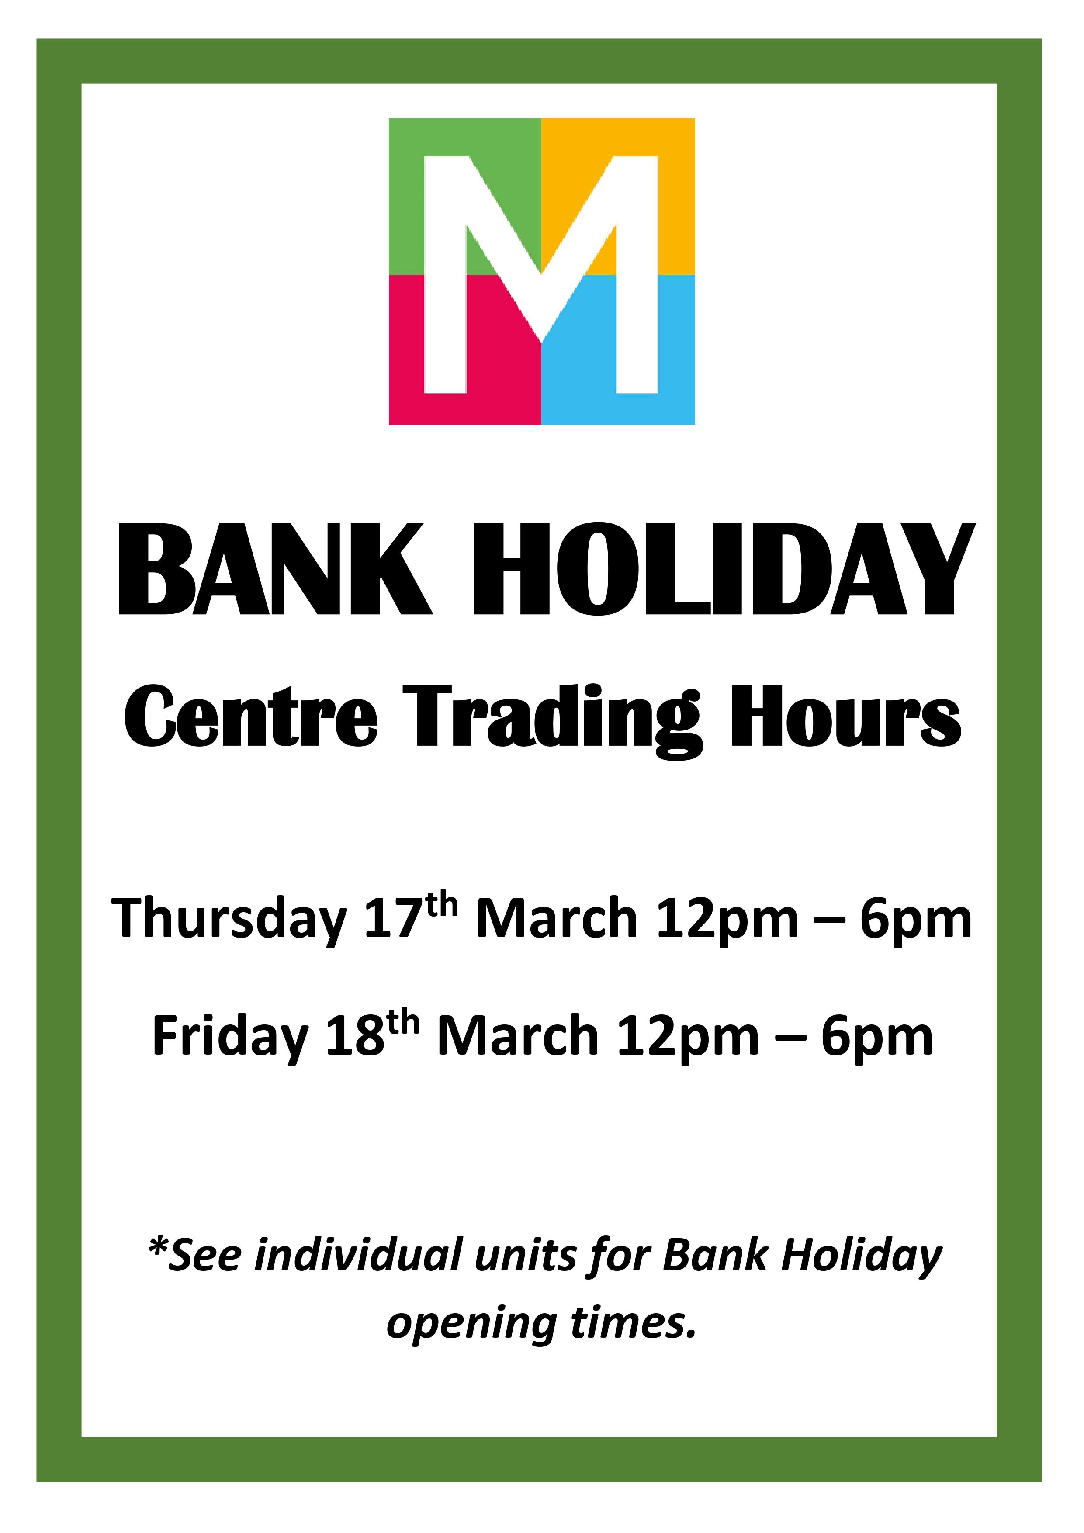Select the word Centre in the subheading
tap(251, 717)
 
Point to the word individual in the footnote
tap(359, 1255)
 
